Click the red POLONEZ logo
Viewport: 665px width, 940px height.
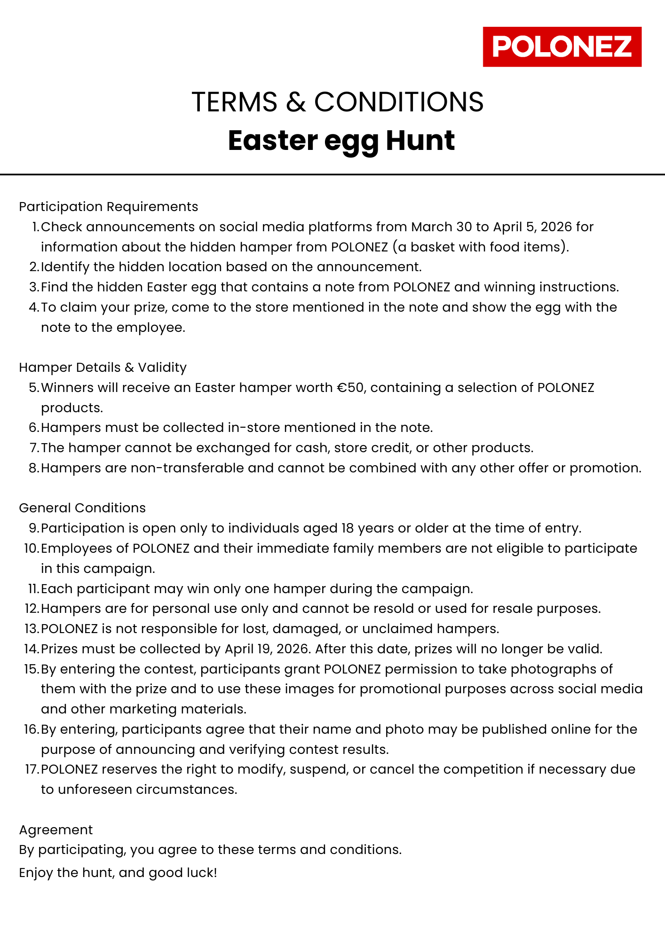(x=562, y=47)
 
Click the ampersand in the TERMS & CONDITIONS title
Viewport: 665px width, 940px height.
(x=296, y=102)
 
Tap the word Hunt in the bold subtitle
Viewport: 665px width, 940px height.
(x=420, y=141)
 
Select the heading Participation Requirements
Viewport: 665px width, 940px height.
(x=109, y=207)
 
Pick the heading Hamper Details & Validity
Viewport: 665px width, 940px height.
(x=103, y=368)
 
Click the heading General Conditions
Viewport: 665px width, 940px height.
(x=82, y=508)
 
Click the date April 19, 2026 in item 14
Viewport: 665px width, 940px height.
(x=267, y=649)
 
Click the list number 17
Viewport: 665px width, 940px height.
(x=31, y=769)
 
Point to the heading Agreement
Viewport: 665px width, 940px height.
(x=56, y=830)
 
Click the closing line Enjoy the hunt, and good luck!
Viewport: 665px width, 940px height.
(x=118, y=873)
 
